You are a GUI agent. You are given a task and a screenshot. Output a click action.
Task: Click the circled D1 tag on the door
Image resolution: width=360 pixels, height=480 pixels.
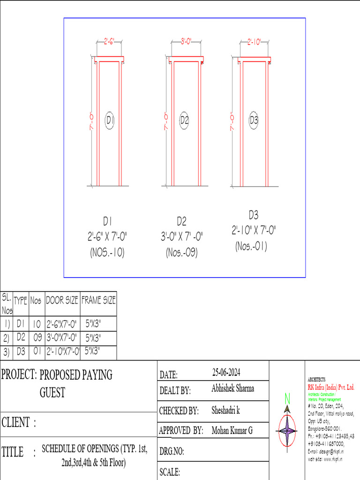coord(110,120)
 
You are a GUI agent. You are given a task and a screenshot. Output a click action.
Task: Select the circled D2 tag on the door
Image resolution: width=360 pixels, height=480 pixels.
coord(184,120)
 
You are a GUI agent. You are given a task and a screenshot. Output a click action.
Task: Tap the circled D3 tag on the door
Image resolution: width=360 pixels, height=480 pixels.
coord(254,120)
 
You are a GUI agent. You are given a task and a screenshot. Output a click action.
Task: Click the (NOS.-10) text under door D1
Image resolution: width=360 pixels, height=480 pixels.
coord(107,253)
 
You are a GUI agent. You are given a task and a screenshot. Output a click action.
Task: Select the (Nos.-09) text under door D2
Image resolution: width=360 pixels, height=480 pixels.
coord(181,253)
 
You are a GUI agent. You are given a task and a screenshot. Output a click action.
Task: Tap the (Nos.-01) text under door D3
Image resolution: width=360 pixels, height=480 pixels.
coord(251,246)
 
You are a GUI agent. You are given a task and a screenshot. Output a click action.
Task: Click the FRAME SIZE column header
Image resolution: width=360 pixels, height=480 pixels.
coord(98,300)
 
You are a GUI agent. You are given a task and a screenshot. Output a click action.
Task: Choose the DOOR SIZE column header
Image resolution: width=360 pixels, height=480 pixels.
coord(62,300)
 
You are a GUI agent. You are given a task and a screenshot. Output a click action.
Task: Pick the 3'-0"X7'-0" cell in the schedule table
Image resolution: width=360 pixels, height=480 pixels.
coord(62,337)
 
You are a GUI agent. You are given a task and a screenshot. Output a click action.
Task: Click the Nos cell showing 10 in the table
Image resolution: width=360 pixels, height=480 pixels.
coord(37,323)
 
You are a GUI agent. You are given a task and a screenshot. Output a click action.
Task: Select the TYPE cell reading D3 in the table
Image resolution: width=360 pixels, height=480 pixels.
coord(21,351)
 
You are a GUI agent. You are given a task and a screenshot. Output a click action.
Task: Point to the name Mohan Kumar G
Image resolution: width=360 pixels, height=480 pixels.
coord(232,430)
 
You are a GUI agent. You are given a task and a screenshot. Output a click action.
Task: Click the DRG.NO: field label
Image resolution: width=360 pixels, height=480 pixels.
coord(172,452)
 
